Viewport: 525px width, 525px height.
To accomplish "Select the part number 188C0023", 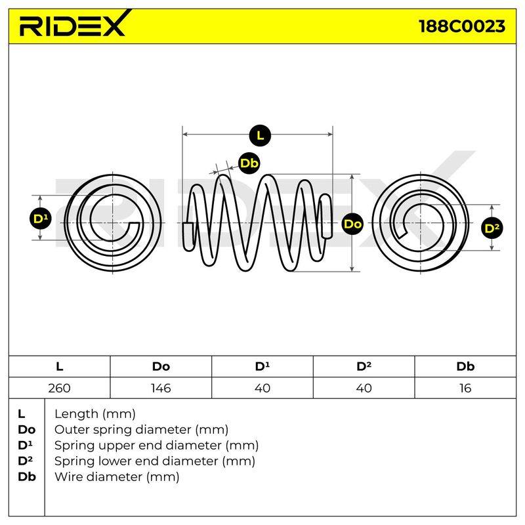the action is pyautogui.click(x=462, y=26).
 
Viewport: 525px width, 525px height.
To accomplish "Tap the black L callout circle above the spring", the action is pyautogui.click(x=260, y=136).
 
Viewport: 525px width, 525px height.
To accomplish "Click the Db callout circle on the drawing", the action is pyautogui.click(x=249, y=163).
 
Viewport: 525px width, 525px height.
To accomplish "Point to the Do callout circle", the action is pyautogui.click(x=352, y=224).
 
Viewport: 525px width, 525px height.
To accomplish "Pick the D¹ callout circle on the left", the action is pyautogui.click(x=41, y=219).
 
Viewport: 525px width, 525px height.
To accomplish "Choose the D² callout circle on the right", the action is pyautogui.click(x=492, y=228).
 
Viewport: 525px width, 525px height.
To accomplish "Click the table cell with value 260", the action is pyautogui.click(x=59, y=388).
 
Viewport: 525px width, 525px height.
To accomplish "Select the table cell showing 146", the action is pyautogui.click(x=161, y=388).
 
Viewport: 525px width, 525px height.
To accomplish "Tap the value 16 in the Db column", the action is pyautogui.click(x=465, y=388).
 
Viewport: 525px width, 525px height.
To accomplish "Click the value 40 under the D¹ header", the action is pyautogui.click(x=262, y=388).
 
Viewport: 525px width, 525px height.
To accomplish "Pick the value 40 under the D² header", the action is pyautogui.click(x=364, y=388).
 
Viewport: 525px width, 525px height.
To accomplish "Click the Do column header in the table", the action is pyautogui.click(x=161, y=366).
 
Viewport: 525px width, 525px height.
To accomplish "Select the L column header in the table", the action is pyautogui.click(x=59, y=366).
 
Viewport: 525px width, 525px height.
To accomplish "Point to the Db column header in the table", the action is pyautogui.click(x=465, y=366).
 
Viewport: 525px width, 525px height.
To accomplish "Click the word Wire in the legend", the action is pyautogui.click(x=68, y=476).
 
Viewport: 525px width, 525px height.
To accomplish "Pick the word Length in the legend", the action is pyautogui.click(x=77, y=414).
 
